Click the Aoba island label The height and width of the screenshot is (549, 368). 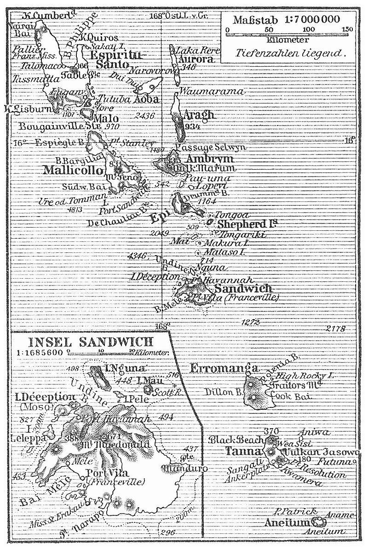[146, 99]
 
